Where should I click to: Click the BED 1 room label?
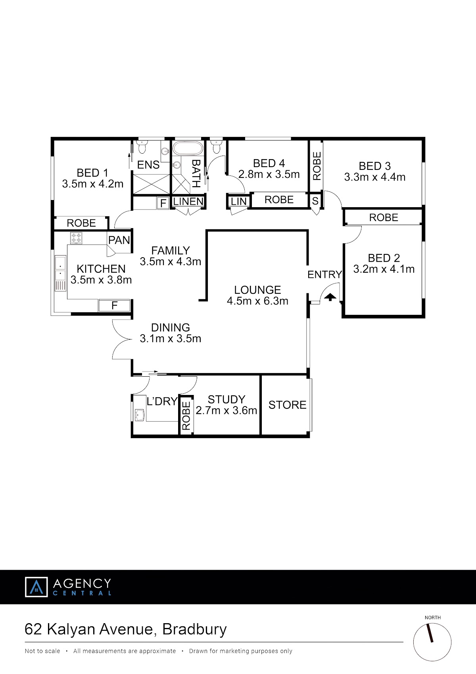(x=92, y=173)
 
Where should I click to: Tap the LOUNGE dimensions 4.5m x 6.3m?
(x=257, y=301)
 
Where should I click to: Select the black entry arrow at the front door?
(x=330, y=297)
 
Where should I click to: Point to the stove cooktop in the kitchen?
(x=76, y=238)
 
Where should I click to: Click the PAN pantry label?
(x=119, y=240)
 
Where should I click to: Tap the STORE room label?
(x=287, y=405)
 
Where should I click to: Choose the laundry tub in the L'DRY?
(x=140, y=415)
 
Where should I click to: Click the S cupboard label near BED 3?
(x=315, y=201)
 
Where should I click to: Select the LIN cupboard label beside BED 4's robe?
(x=238, y=202)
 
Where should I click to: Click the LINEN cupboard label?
(x=188, y=201)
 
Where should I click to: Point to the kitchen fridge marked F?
(x=114, y=305)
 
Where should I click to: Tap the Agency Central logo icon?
(x=36, y=587)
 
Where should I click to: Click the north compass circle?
(x=432, y=642)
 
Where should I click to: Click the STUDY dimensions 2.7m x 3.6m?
(x=226, y=410)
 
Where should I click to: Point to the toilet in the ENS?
(x=142, y=147)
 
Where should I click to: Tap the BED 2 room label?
(x=384, y=258)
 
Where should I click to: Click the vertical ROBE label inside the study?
(x=186, y=416)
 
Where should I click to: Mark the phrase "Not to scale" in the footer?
(x=42, y=651)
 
